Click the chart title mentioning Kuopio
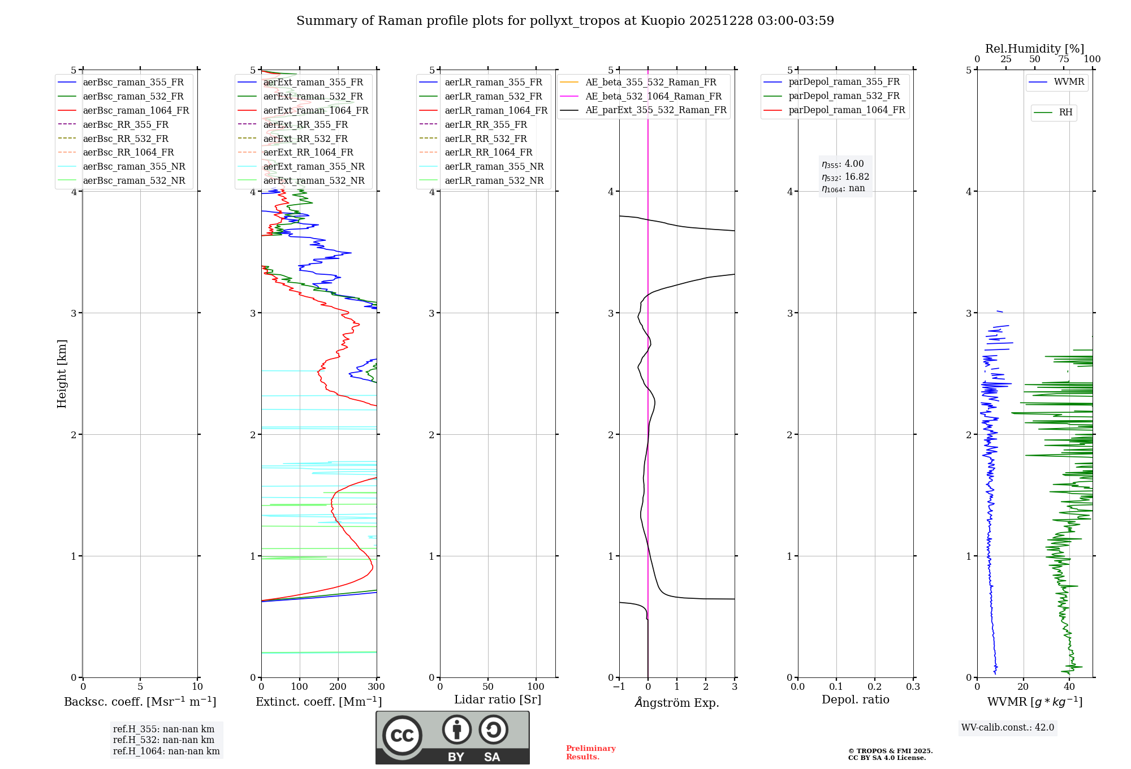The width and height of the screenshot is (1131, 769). click(565, 21)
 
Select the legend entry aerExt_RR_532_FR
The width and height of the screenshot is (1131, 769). click(305, 139)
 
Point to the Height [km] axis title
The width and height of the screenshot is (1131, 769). click(62, 374)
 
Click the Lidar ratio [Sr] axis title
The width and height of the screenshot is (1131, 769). click(498, 699)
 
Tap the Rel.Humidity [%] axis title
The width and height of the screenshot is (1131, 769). click(1034, 49)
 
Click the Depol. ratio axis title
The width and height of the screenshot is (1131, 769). click(855, 699)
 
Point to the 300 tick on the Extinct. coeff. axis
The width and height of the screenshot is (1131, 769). click(377, 687)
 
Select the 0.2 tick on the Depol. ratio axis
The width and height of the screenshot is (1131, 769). click(875, 687)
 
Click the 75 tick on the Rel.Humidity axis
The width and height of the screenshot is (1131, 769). click(1064, 59)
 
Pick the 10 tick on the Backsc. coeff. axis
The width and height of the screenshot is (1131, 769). click(197, 687)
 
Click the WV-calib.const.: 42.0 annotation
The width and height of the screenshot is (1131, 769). click(1008, 728)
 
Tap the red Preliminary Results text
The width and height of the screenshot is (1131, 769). click(590, 753)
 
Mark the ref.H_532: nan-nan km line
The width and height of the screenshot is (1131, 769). click(163, 740)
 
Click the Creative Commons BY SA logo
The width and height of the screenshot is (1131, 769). click(452, 737)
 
